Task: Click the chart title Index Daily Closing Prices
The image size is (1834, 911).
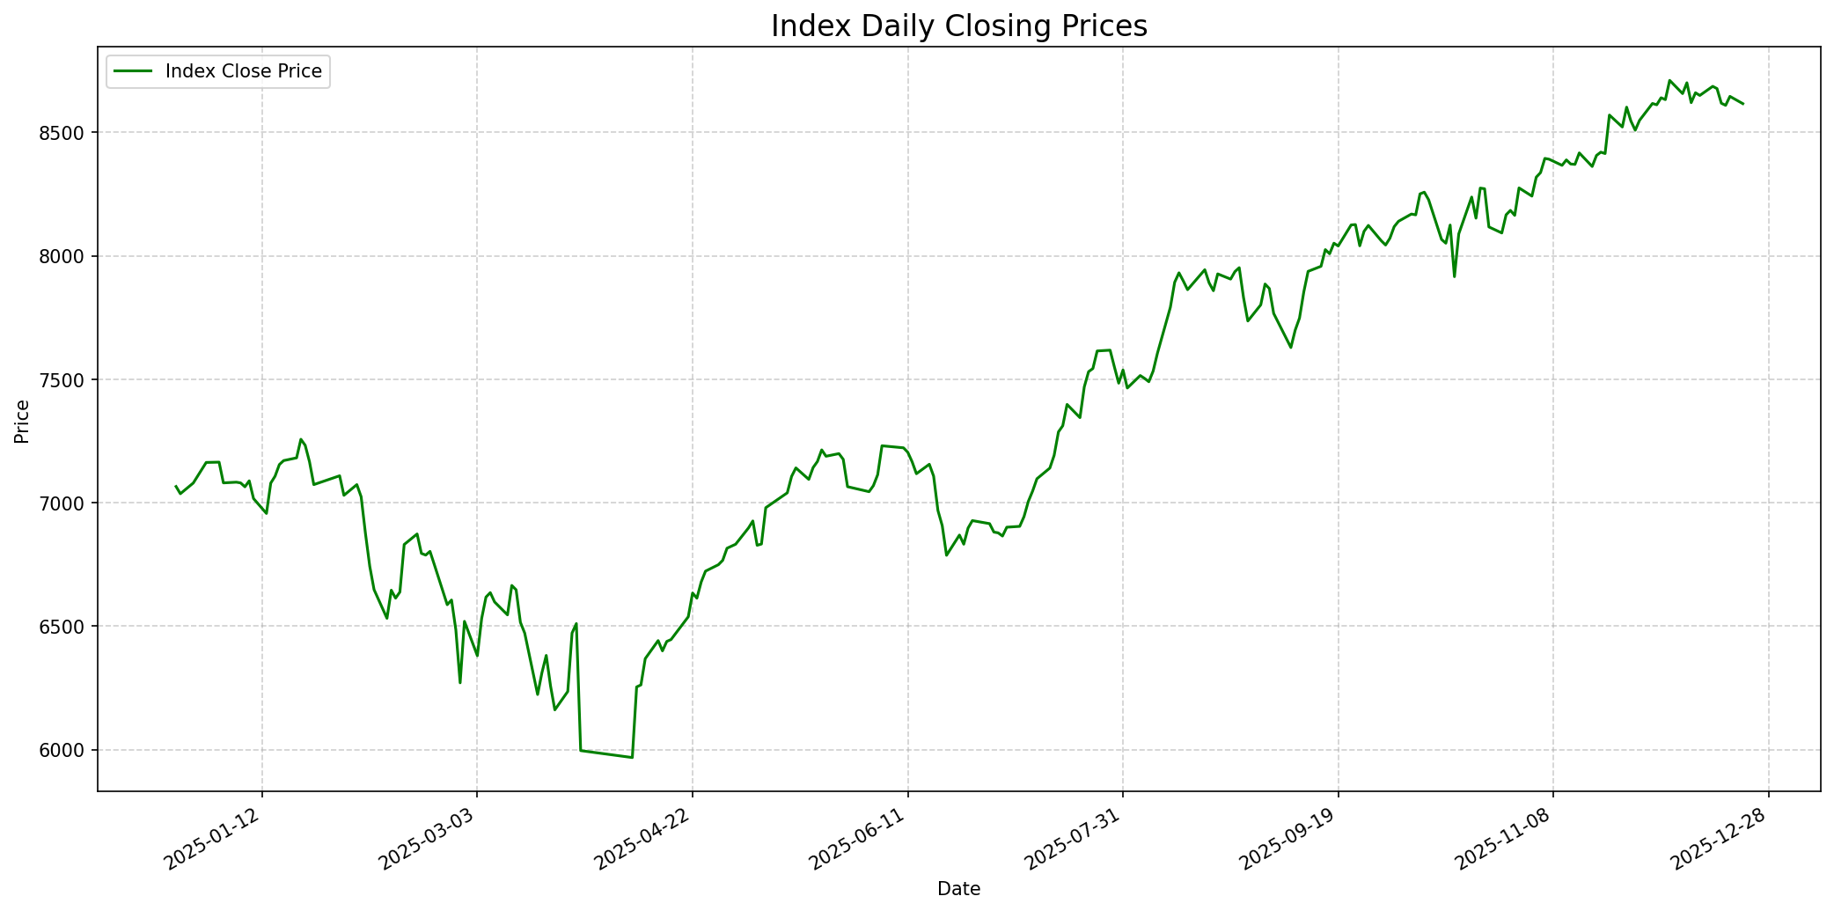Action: pyautogui.click(x=958, y=26)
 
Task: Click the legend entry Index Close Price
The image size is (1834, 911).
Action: pyautogui.click(x=243, y=71)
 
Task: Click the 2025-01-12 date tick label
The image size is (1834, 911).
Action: pyautogui.click(x=214, y=841)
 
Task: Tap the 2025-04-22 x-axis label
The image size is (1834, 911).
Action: pyautogui.click(x=644, y=841)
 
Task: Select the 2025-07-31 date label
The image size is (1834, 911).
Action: pyautogui.click(x=1075, y=841)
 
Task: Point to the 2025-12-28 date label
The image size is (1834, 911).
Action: pyautogui.click(x=1720, y=841)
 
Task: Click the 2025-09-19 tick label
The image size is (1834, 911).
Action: pyautogui.click(x=1290, y=841)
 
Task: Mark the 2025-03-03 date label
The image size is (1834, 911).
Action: pyautogui.click(x=429, y=841)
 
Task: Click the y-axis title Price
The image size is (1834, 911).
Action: pyautogui.click(x=22, y=421)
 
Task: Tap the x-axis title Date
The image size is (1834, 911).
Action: pyautogui.click(x=958, y=889)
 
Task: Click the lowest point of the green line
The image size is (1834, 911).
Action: pyautogui.click(x=632, y=757)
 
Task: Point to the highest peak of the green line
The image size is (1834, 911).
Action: pyautogui.click(x=1669, y=80)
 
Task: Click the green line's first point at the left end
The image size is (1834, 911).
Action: pyautogui.click(x=176, y=486)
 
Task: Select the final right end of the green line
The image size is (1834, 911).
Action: pyautogui.click(x=1742, y=104)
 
